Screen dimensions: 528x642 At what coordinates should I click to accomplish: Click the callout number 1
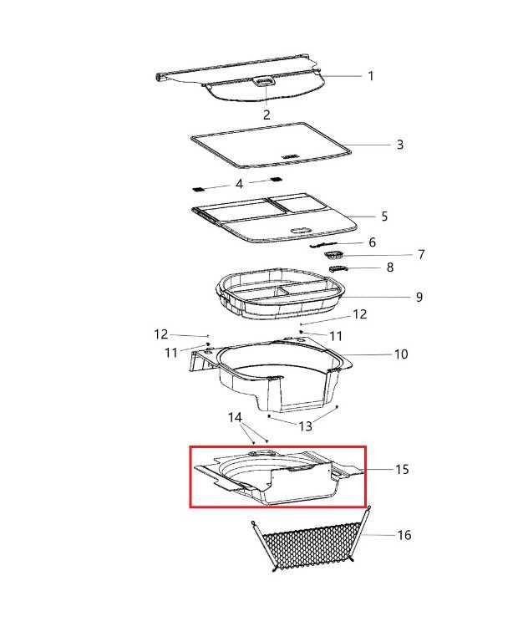click(x=370, y=76)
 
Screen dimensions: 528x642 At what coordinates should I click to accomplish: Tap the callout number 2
click(x=267, y=115)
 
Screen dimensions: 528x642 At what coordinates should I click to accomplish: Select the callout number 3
click(x=400, y=145)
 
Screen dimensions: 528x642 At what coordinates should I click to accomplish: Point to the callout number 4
click(x=240, y=184)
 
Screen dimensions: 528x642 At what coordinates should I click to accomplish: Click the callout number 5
click(x=384, y=217)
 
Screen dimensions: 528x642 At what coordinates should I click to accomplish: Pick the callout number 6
click(x=372, y=242)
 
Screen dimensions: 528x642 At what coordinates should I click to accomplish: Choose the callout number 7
click(x=421, y=255)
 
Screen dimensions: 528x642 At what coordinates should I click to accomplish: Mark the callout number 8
click(x=390, y=267)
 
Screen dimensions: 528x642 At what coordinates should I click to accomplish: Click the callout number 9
click(x=419, y=297)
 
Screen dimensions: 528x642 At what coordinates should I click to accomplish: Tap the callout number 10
click(x=401, y=354)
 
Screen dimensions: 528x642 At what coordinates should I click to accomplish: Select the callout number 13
click(x=305, y=426)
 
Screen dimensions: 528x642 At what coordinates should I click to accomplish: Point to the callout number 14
click(x=235, y=418)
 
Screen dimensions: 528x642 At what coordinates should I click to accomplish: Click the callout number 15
click(x=402, y=469)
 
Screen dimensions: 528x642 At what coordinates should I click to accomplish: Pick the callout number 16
click(x=404, y=535)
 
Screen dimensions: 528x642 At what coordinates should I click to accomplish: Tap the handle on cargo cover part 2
click(x=266, y=81)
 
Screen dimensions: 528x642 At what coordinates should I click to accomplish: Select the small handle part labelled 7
click(x=334, y=256)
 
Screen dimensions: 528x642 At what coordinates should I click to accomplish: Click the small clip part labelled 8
click(x=338, y=268)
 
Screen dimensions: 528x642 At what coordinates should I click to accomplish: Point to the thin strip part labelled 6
click(x=323, y=244)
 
